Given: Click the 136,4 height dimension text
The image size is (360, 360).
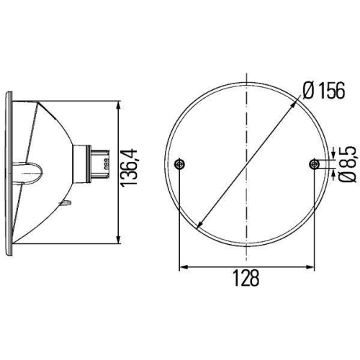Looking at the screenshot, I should [130, 174].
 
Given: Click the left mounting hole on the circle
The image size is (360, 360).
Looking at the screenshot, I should [180, 165].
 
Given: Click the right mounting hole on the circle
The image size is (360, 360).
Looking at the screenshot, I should [314, 165].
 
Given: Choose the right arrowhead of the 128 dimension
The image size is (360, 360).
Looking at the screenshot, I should [311, 267].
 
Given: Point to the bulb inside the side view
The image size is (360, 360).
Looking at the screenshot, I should [32, 173].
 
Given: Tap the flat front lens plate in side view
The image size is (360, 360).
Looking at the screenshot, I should [9, 173].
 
